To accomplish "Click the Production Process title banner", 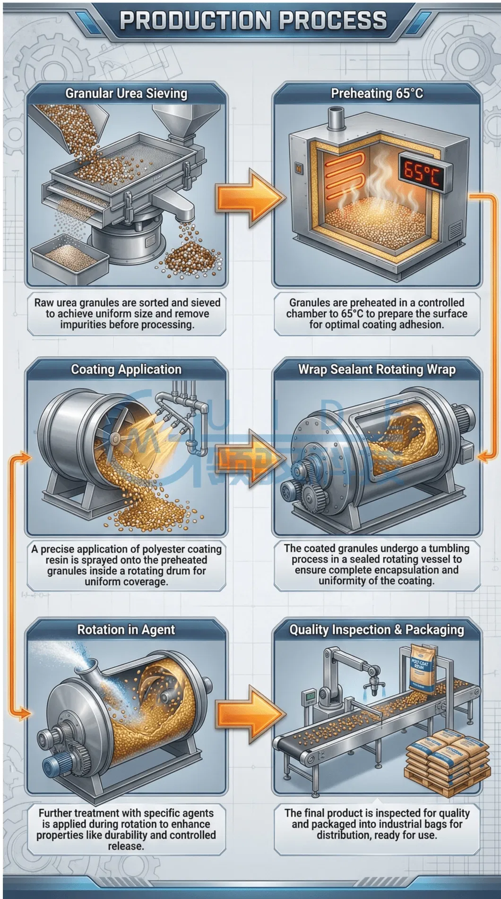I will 253,21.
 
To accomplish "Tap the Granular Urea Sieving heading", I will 126,93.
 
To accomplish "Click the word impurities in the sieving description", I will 83,325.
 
